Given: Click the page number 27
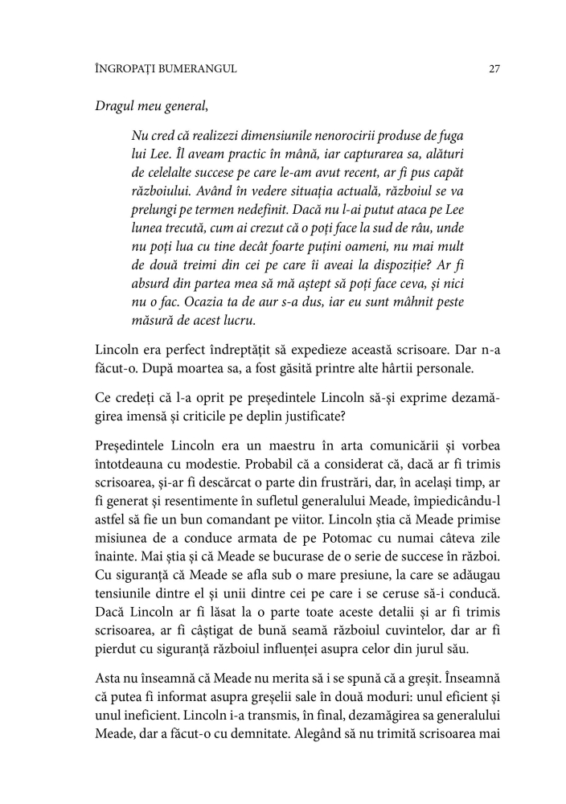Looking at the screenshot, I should click(x=494, y=69).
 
